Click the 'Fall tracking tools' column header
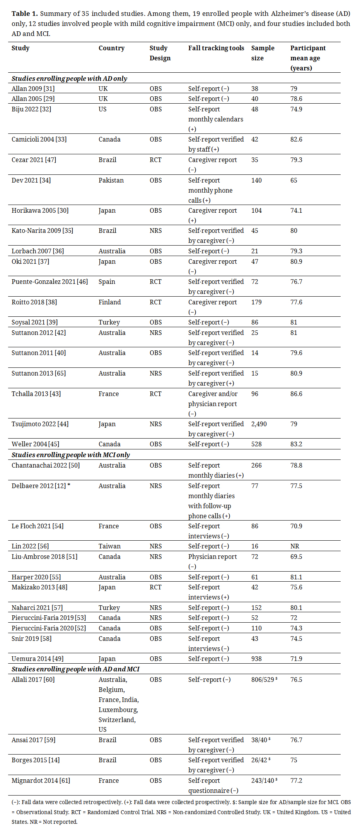pos(216,48)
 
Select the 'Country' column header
pos(111,48)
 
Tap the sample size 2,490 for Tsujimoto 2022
pos(259,424)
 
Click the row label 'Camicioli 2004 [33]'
pos(39,139)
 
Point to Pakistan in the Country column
pos(111,180)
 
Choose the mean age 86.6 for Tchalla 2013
pos(296,394)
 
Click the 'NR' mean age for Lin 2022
pos(295,546)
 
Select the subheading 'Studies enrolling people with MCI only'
pos(71,455)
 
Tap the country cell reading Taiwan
pos(109,546)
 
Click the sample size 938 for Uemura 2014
pos(256,659)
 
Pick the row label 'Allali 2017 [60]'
pos(33,680)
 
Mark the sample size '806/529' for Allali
pos(263,680)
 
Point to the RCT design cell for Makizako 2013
pos(155,587)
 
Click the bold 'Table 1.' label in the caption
pos(25,14)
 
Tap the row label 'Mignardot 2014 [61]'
pos(41,780)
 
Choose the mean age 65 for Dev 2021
pos(294,180)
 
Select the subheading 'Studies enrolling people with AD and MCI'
pos(75,669)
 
